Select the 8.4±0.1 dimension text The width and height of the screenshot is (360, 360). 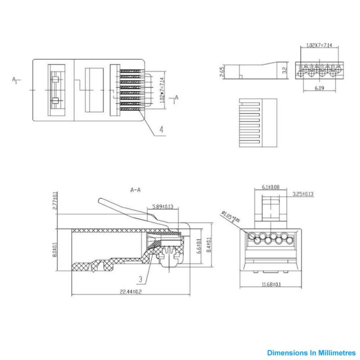click(208, 245)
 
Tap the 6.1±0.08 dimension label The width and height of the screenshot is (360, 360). click(270, 187)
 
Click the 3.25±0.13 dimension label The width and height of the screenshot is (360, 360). click(303, 194)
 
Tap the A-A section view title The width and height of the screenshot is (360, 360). click(135, 190)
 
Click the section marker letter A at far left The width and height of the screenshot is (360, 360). click(14, 80)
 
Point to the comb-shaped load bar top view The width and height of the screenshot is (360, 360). click(256, 122)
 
